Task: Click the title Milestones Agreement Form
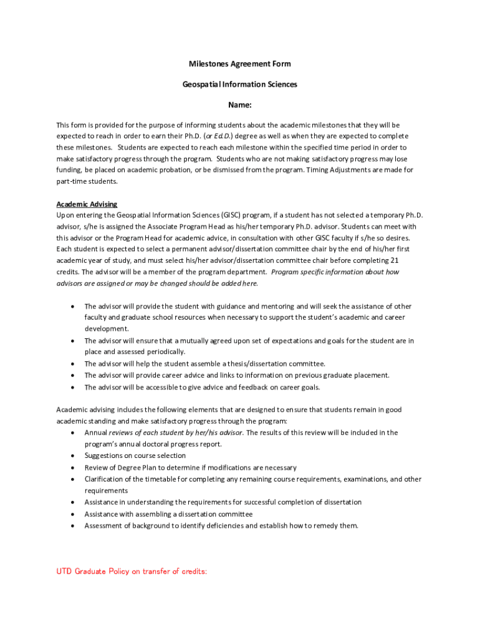[240, 64]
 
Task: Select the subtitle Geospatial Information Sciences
[240, 84]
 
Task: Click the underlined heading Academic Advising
[87, 204]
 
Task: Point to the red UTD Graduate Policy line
[132, 571]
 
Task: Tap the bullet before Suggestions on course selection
[74, 456]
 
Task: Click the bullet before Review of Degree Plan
[74, 467]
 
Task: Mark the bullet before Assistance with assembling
[74, 514]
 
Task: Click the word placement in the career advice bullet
[372, 375]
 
